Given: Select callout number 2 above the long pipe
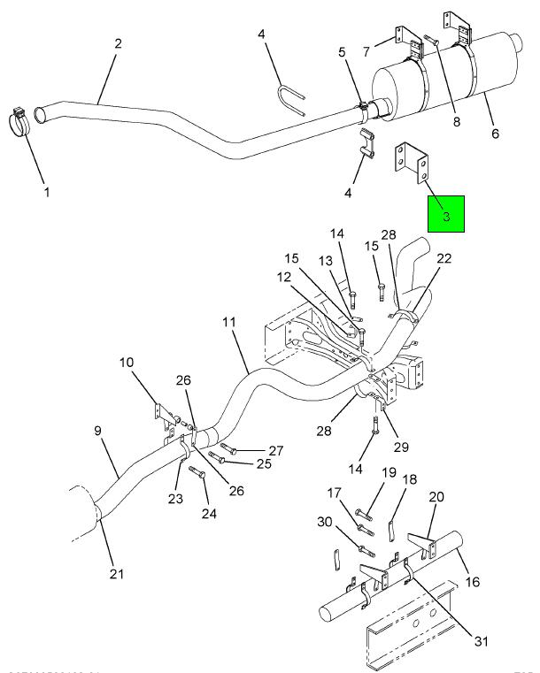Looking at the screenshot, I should tap(117, 42).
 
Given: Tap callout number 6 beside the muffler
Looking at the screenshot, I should tap(495, 134).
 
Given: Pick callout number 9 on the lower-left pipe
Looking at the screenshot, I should tap(98, 431).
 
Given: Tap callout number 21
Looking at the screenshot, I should tap(117, 576).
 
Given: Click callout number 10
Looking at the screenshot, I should tap(127, 363).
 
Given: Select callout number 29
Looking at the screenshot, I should tap(401, 447).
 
